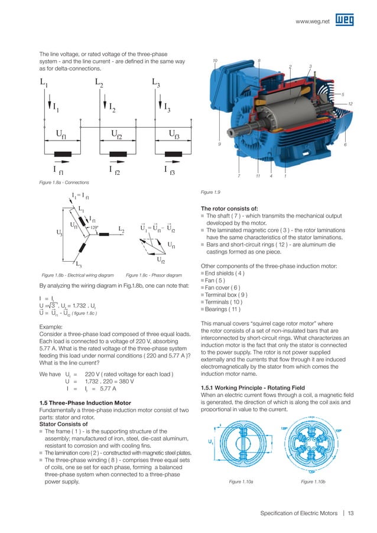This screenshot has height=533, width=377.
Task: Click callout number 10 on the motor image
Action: (x=216, y=60)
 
